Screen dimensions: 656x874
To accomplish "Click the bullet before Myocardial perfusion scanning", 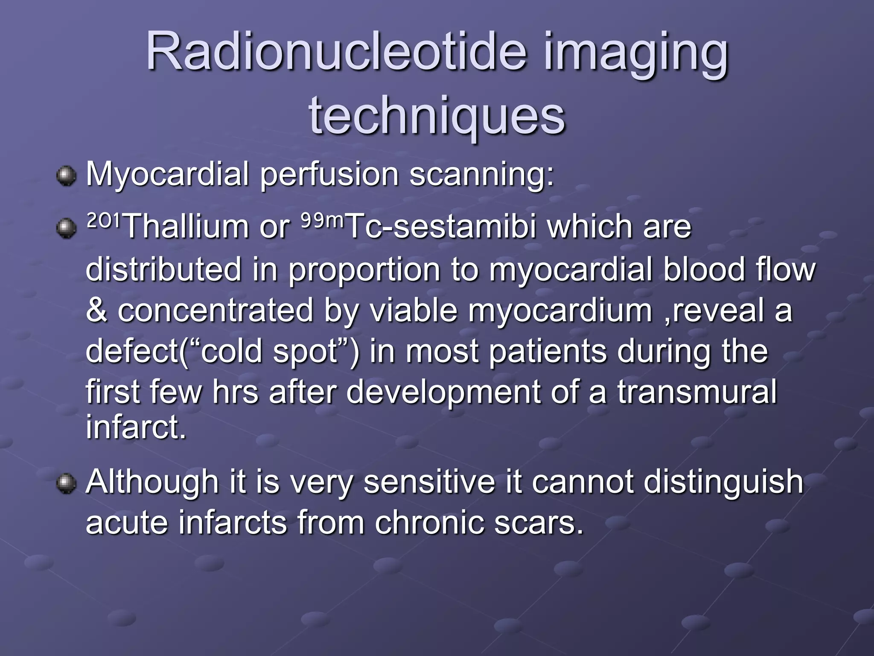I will point(66,176).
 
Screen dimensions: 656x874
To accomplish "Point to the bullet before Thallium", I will point(66,228).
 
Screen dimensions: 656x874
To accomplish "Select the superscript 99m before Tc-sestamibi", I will point(322,221).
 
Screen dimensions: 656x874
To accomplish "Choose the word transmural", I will point(697,392).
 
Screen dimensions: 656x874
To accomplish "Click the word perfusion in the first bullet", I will point(329,175).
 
